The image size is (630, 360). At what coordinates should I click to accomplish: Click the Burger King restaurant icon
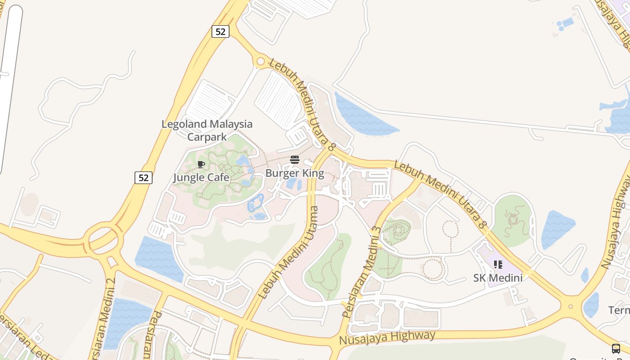point(295,159)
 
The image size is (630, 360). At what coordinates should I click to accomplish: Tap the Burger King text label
point(295,173)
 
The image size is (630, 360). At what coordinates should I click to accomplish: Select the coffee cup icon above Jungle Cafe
point(201,164)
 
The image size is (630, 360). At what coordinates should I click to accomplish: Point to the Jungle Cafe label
point(201,177)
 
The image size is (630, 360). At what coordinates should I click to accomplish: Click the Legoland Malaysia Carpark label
point(207,130)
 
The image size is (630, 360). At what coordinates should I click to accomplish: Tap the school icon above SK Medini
point(498,264)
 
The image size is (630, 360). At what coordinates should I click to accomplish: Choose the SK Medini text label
point(498,278)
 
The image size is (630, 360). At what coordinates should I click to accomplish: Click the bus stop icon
point(616,349)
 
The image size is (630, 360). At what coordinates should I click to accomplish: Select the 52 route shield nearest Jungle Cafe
point(144,178)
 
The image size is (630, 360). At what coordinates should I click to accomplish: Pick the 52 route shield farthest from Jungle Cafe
point(220,31)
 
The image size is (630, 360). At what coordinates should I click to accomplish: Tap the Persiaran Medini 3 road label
point(362,273)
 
